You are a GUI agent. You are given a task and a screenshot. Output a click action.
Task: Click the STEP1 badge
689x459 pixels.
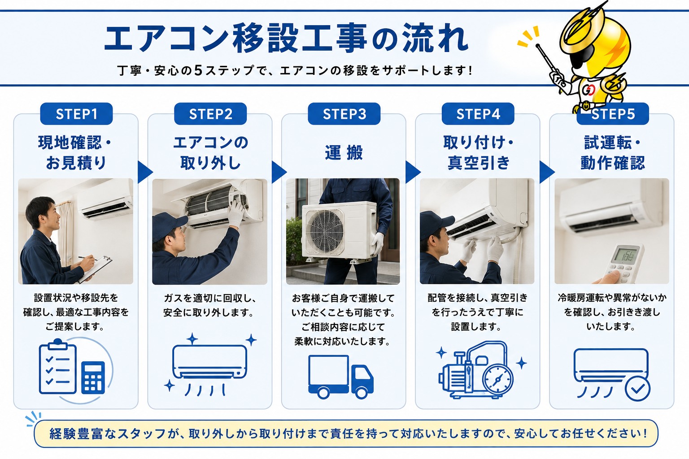tap(76, 114)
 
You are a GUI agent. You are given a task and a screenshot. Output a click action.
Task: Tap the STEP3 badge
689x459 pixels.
tap(344, 114)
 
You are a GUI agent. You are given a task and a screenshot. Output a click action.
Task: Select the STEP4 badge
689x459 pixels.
tap(478, 114)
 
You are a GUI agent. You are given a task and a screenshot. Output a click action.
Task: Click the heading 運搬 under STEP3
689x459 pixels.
tap(344, 152)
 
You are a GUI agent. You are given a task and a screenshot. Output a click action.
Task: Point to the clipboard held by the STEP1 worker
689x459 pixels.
tap(96, 269)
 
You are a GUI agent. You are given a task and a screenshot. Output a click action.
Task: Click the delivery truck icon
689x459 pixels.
tap(341, 377)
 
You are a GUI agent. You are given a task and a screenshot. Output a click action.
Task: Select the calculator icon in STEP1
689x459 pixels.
tap(93, 378)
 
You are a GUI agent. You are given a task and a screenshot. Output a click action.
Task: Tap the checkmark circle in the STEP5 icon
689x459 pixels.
tap(637, 388)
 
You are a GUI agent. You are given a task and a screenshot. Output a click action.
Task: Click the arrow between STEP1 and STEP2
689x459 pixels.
tap(145, 172)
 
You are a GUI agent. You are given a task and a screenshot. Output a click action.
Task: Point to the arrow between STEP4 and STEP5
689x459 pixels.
tap(547, 172)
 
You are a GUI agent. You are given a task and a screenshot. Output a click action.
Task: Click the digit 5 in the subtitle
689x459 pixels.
tap(199, 70)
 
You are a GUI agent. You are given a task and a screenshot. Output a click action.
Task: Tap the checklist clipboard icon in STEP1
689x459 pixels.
tap(58, 367)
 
